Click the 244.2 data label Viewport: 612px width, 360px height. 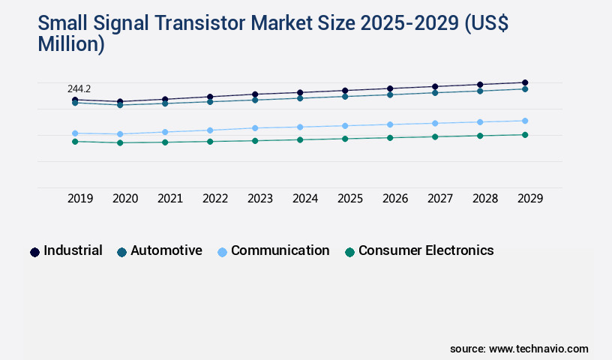pos(79,89)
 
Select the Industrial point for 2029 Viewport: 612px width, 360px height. pos(525,82)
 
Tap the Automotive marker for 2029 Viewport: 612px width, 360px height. pos(525,89)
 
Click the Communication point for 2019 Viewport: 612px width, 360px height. pos(75,133)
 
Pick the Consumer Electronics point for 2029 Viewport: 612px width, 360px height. pos(525,135)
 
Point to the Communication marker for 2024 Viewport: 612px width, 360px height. pos(300,127)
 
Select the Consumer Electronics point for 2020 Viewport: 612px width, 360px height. pos(120,142)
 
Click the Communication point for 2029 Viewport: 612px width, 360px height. pos(525,121)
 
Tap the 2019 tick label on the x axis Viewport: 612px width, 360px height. pos(80,199)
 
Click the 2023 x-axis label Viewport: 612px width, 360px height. pos(260,199)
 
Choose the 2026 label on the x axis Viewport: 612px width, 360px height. pos(395,199)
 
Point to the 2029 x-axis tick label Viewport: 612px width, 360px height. pos(530,199)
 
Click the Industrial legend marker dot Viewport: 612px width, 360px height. pos(34,252)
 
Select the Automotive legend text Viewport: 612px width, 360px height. pos(166,250)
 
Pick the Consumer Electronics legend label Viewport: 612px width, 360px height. pos(426,250)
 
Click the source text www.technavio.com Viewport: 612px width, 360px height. pos(538,349)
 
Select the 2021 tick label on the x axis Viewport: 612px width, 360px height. pos(170,199)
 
